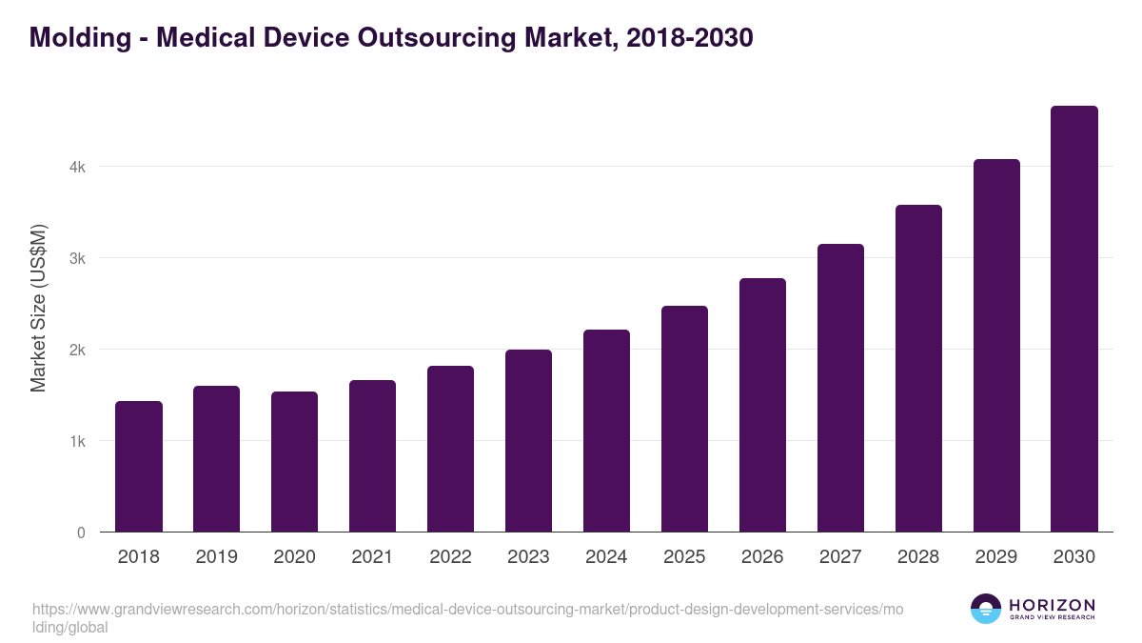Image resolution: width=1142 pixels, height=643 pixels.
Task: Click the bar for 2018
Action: pyautogui.click(x=139, y=467)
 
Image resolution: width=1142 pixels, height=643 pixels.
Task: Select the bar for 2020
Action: pyautogui.click(x=294, y=462)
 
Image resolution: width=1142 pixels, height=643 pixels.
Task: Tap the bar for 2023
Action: pyautogui.click(x=528, y=441)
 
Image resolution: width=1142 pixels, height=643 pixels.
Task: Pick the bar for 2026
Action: pyautogui.click(x=762, y=405)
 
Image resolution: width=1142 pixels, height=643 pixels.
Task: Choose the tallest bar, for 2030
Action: pyautogui.click(x=1074, y=319)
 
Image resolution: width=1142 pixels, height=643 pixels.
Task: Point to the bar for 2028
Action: pyautogui.click(x=918, y=369)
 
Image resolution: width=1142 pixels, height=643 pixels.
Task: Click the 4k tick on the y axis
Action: pyautogui.click(x=77, y=167)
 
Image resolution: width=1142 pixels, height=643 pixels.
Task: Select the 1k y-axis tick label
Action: pyautogui.click(x=77, y=441)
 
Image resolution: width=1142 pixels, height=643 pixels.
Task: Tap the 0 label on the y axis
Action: pyautogui.click(x=81, y=532)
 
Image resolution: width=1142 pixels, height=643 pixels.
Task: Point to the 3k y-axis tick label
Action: pyautogui.click(x=77, y=258)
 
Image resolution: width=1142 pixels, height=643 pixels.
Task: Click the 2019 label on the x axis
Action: pyautogui.click(x=216, y=557)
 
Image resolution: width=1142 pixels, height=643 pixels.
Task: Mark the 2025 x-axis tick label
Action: pyautogui.click(x=684, y=557)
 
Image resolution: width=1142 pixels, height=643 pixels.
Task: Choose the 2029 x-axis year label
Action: pyautogui.click(x=996, y=557)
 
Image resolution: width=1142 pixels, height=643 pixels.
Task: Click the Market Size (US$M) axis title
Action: pyautogui.click(x=39, y=307)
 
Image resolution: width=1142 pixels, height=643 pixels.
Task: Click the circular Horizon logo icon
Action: pyautogui.click(x=986, y=609)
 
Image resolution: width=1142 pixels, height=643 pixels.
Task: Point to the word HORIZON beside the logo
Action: pyautogui.click(x=1052, y=604)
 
